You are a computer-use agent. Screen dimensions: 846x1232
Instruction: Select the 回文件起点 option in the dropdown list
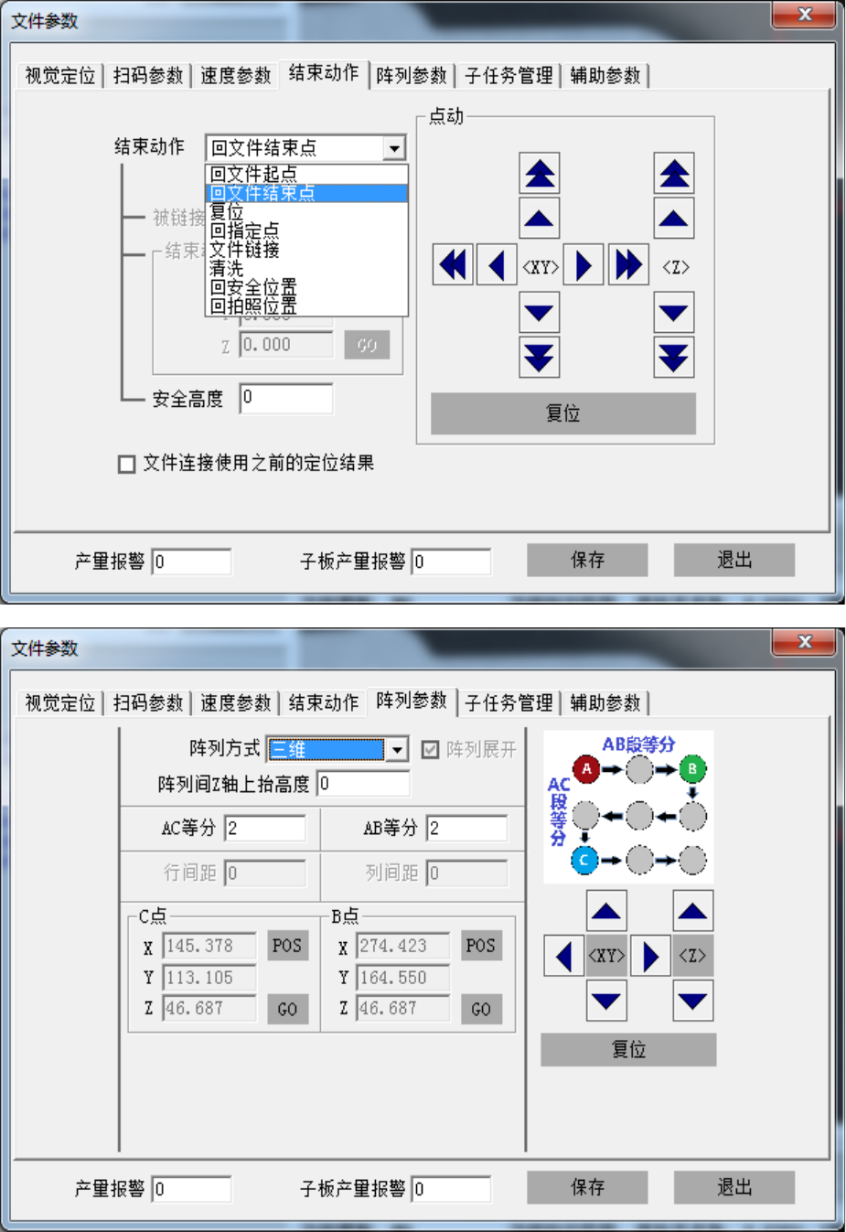254,174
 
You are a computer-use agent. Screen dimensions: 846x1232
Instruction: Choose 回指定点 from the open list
245,230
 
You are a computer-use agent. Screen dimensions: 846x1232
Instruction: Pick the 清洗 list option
227,268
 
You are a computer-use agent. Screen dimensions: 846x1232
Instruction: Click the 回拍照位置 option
254,305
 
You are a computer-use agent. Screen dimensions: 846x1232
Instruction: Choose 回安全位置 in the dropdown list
254,287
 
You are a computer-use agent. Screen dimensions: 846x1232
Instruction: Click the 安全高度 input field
286,398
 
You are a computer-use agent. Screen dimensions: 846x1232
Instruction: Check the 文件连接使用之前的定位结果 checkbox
127,464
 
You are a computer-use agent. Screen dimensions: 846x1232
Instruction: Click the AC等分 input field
265,828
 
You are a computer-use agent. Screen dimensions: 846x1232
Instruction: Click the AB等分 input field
466,828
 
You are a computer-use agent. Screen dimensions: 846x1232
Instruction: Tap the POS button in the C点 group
286,946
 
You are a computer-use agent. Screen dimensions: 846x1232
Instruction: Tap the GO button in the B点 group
481,1009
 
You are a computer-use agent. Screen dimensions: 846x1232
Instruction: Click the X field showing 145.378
209,946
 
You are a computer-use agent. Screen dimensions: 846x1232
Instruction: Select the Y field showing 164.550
402,978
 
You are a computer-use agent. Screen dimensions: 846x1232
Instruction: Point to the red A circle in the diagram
587,769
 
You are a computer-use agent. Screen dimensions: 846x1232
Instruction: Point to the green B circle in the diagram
692,769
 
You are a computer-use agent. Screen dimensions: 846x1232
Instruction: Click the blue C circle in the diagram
584,860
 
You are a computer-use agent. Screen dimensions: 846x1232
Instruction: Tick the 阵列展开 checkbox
431,750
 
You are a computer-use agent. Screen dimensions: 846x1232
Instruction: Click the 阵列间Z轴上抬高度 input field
363,784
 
